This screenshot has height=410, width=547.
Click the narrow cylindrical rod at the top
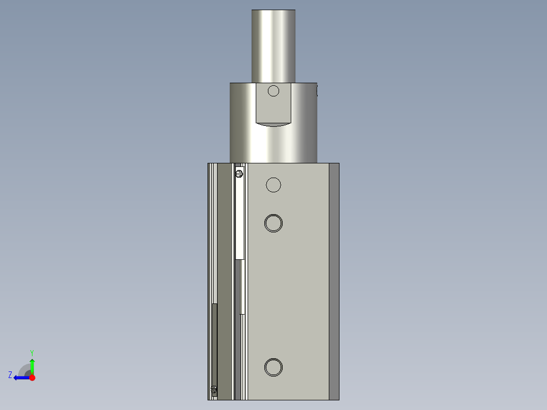pyautogui.click(x=273, y=46)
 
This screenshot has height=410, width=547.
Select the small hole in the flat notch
pyautogui.click(x=273, y=91)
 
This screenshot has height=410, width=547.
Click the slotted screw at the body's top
pyautogui.click(x=239, y=174)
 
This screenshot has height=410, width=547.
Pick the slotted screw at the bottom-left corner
pyautogui.click(x=214, y=390)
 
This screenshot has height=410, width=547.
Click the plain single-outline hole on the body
pyautogui.click(x=273, y=185)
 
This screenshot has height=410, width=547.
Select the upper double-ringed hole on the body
pyautogui.click(x=273, y=223)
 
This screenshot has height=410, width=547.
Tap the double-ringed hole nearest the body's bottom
pyautogui.click(x=273, y=367)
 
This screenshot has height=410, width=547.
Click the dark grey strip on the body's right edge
pyautogui.click(x=334, y=282)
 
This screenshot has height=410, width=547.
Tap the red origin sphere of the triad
pyautogui.click(x=32, y=378)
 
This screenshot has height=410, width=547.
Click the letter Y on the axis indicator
pyautogui.click(x=32, y=352)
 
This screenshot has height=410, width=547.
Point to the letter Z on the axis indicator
pyautogui.click(x=10, y=375)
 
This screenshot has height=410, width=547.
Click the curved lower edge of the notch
pyautogui.click(x=273, y=124)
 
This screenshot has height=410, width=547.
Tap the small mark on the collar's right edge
pyautogui.click(x=317, y=91)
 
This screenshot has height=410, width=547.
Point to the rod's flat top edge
pyautogui.click(x=273, y=10)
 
